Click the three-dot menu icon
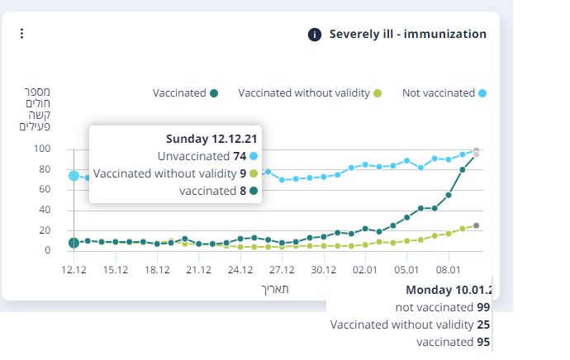click(x=22, y=34)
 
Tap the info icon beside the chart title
click(x=315, y=35)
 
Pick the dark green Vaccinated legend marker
click(x=214, y=93)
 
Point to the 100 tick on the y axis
click(x=42, y=149)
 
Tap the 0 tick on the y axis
click(x=48, y=250)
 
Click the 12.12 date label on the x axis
click(x=74, y=269)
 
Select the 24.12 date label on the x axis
click(x=240, y=269)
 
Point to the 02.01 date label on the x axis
click(x=365, y=269)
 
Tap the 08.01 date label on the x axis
click(x=449, y=269)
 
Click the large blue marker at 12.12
click(x=74, y=176)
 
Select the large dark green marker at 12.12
click(x=74, y=243)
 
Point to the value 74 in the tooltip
click(x=240, y=156)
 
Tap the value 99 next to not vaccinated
click(x=484, y=307)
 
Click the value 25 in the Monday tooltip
click(x=484, y=324)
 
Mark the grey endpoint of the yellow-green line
click(x=477, y=225)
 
